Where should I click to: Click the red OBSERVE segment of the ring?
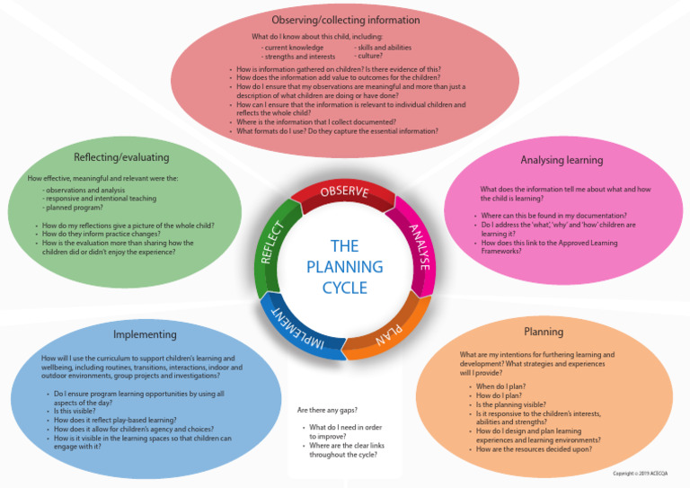344,191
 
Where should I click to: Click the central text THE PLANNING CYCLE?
344,267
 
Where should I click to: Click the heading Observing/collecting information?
346,20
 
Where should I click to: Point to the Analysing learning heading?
562,160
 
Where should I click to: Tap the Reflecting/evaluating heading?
121,157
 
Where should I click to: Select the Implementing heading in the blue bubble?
145,334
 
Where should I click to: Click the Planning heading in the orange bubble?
544,332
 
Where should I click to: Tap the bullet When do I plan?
500,386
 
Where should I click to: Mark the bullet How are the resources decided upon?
534,449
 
